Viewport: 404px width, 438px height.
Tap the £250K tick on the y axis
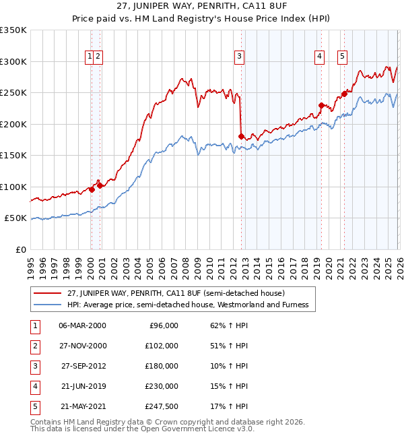coord(13,93)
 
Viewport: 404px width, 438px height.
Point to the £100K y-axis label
coord(13,187)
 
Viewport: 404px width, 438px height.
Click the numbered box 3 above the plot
coord(239,57)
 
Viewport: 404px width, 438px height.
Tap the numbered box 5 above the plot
coord(342,57)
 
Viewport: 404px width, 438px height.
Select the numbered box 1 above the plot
coord(90,57)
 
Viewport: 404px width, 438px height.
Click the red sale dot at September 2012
coord(241,137)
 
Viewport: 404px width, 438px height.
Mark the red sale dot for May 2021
coord(344,94)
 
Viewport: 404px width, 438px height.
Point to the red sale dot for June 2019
coord(321,105)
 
